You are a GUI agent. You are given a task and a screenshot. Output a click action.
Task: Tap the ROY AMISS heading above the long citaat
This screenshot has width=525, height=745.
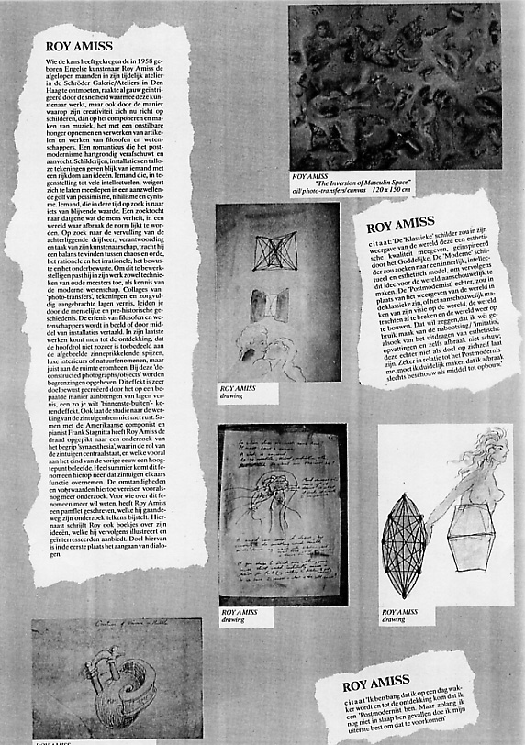tap(400, 224)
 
